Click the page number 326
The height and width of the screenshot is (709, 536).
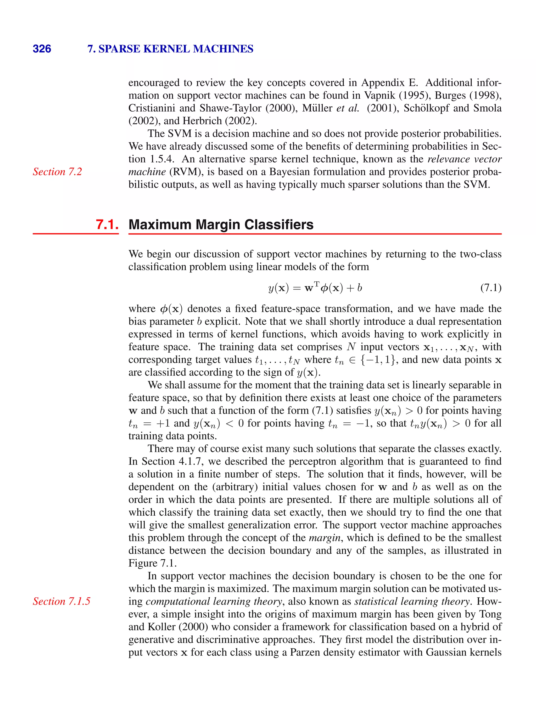click(x=42, y=49)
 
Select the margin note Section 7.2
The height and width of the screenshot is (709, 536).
click(x=58, y=172)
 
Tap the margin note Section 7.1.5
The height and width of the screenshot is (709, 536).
click(x=62, y=601)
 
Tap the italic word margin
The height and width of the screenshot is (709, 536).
click(x=324, y=538)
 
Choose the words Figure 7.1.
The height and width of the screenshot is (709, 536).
click(x=152, y=563)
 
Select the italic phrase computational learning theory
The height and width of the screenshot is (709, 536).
click(x=214, y=601)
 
